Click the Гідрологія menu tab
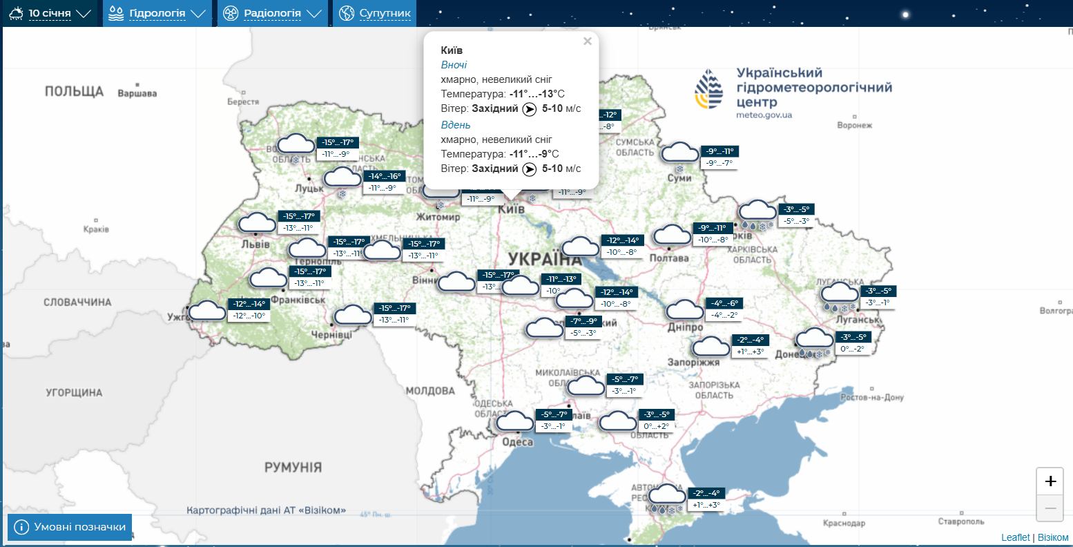[157, 13]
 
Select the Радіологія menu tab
[272, 13]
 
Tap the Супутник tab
[376, 13]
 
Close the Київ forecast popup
[588, 41]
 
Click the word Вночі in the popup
[454, 65]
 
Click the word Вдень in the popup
[456, 125]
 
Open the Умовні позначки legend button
[70, 527]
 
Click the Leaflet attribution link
[1015, 537]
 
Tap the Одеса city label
[517, 442]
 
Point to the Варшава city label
[137, 93]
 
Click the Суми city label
[679, 178]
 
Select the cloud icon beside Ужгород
[207, 311]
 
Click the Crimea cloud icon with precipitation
[667, 496]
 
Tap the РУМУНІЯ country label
[293, 468]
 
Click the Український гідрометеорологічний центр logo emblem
[710, 89]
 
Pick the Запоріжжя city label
[693, 362]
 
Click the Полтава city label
[669, 258]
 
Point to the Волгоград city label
[1054, 311]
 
